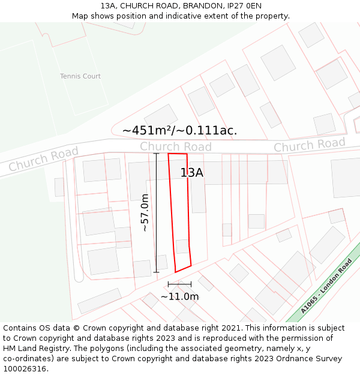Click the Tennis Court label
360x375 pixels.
80,76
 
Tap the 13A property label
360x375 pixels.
192,173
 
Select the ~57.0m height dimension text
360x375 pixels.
145,212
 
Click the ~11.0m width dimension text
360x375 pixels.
179,296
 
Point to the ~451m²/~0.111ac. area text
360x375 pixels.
179,130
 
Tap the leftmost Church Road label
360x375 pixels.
43,159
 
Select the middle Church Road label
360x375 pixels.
176,147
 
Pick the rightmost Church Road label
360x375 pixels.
310,145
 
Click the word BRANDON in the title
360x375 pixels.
202,6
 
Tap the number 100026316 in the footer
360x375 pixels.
25,369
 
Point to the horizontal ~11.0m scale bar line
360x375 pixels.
179,284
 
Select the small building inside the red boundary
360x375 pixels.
182,247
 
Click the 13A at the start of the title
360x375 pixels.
107,6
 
